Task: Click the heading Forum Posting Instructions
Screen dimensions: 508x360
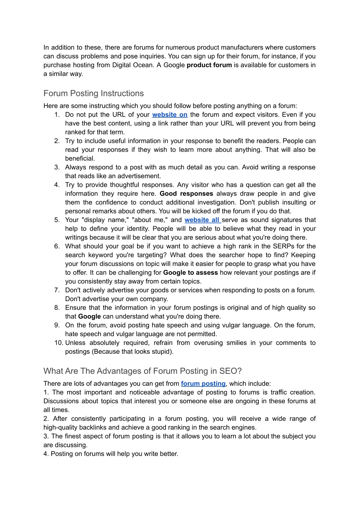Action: click(94, 93)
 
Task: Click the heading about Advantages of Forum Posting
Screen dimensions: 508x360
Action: click(142, 371)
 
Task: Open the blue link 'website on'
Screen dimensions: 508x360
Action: click(170, 115)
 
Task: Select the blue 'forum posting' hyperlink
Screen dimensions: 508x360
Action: click(203, 384)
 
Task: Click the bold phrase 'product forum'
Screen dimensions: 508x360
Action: click(209, 65)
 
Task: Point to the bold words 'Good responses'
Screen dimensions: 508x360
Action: click(186, 194)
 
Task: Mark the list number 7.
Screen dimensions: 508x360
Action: click(57, 290)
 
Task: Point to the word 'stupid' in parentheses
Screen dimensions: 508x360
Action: click(161, 352)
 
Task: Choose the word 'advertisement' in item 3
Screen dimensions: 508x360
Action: click(140, 176)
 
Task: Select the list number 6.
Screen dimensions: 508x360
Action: click(57, 246)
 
